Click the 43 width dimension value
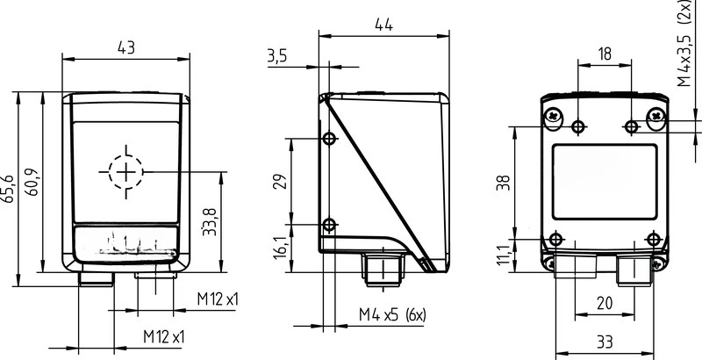125,47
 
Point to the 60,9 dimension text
32,182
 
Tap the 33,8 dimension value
209,221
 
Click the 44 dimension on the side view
383,25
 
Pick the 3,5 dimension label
277,56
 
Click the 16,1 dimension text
281,247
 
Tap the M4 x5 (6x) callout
392,316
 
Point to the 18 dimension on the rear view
605,54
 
